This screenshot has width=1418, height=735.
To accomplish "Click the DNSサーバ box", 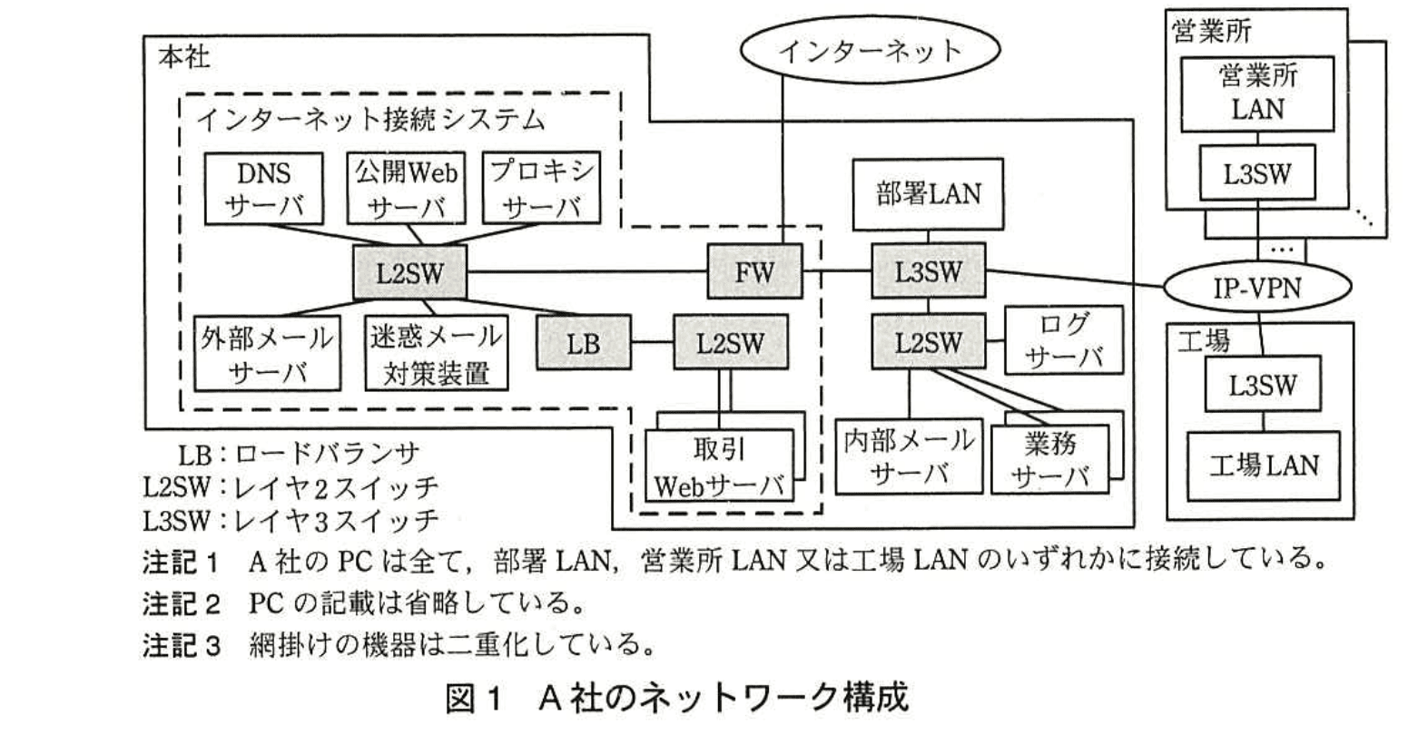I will point(263,189).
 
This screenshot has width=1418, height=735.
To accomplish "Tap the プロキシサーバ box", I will point(542,189).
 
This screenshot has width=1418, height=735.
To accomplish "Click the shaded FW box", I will point(754,271).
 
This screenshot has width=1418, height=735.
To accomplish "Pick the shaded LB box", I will point(583,342).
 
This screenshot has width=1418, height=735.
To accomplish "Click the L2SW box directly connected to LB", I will point(730,342).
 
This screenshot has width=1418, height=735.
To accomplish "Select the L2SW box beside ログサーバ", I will point(928,342).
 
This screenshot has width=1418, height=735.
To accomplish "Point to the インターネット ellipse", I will point(869,51).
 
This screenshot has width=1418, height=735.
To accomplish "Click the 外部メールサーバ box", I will point(266,354).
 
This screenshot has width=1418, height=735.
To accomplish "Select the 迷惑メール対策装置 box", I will point(436,354).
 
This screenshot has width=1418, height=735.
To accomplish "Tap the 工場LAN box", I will point(1263,465).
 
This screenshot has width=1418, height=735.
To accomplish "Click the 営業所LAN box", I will point(1257,93).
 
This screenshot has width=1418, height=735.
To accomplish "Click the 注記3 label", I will point(182,645).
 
